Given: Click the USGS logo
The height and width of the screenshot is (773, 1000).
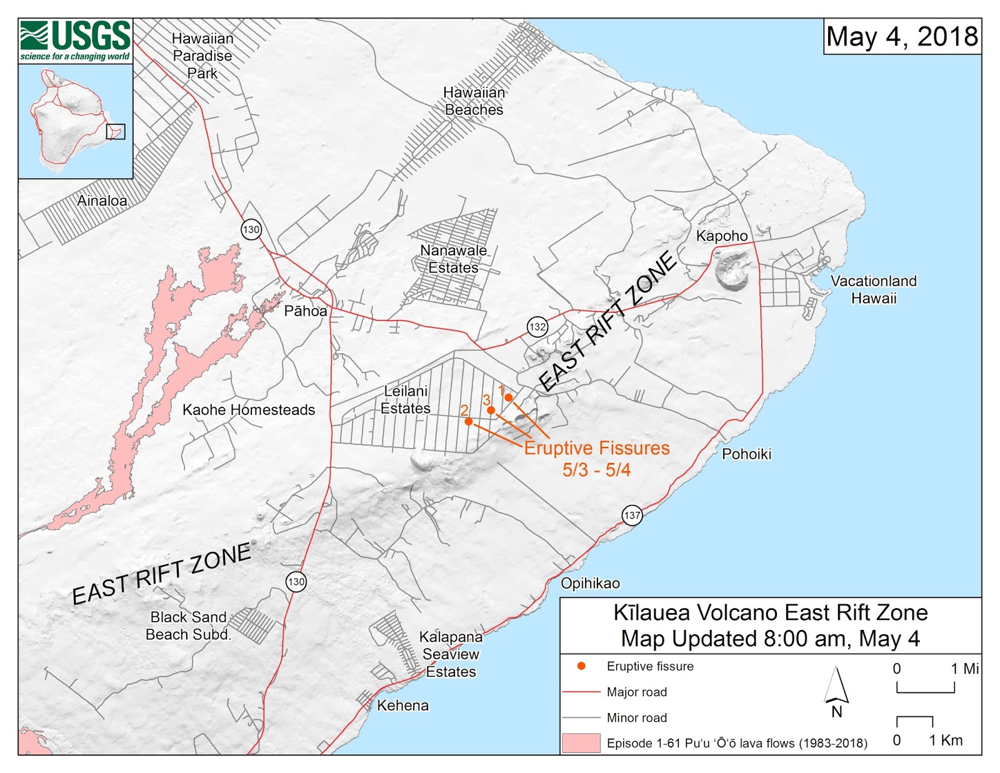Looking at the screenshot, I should tap(75, 41).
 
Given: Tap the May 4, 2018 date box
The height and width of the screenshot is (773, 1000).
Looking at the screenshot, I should tap(902, 37).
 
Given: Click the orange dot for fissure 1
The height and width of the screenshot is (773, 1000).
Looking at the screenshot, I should tap(509, 397).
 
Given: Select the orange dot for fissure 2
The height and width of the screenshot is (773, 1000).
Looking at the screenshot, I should tap(469, 421).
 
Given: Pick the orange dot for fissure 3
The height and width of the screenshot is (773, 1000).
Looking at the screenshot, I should tap(491, 410).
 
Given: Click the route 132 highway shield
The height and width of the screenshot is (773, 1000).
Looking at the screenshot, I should tap(537, 326).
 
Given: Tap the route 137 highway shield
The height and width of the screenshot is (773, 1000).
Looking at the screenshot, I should tap(632, 516).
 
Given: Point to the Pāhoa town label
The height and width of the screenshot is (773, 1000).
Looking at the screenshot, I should tap(306, 311).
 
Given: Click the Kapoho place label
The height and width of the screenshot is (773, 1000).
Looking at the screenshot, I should tap(722, 236).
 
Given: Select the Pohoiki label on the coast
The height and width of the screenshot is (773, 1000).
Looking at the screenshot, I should tap(746, 454).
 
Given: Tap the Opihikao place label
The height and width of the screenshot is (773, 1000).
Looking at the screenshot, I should tap(590, 584).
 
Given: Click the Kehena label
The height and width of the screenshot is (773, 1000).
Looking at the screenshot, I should tap(402, 706).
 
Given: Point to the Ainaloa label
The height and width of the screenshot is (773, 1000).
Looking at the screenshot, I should tap(102, 201).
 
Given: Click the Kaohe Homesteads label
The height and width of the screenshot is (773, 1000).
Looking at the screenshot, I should tap(249, 410).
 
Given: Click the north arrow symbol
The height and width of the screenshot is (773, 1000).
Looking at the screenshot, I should tap(836, 687).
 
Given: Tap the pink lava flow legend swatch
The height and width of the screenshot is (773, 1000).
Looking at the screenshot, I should tap(581, 743).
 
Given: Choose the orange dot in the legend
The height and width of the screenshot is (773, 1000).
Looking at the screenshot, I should tap(581, 666).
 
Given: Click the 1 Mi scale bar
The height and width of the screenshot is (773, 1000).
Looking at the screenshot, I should tap(926, 687).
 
